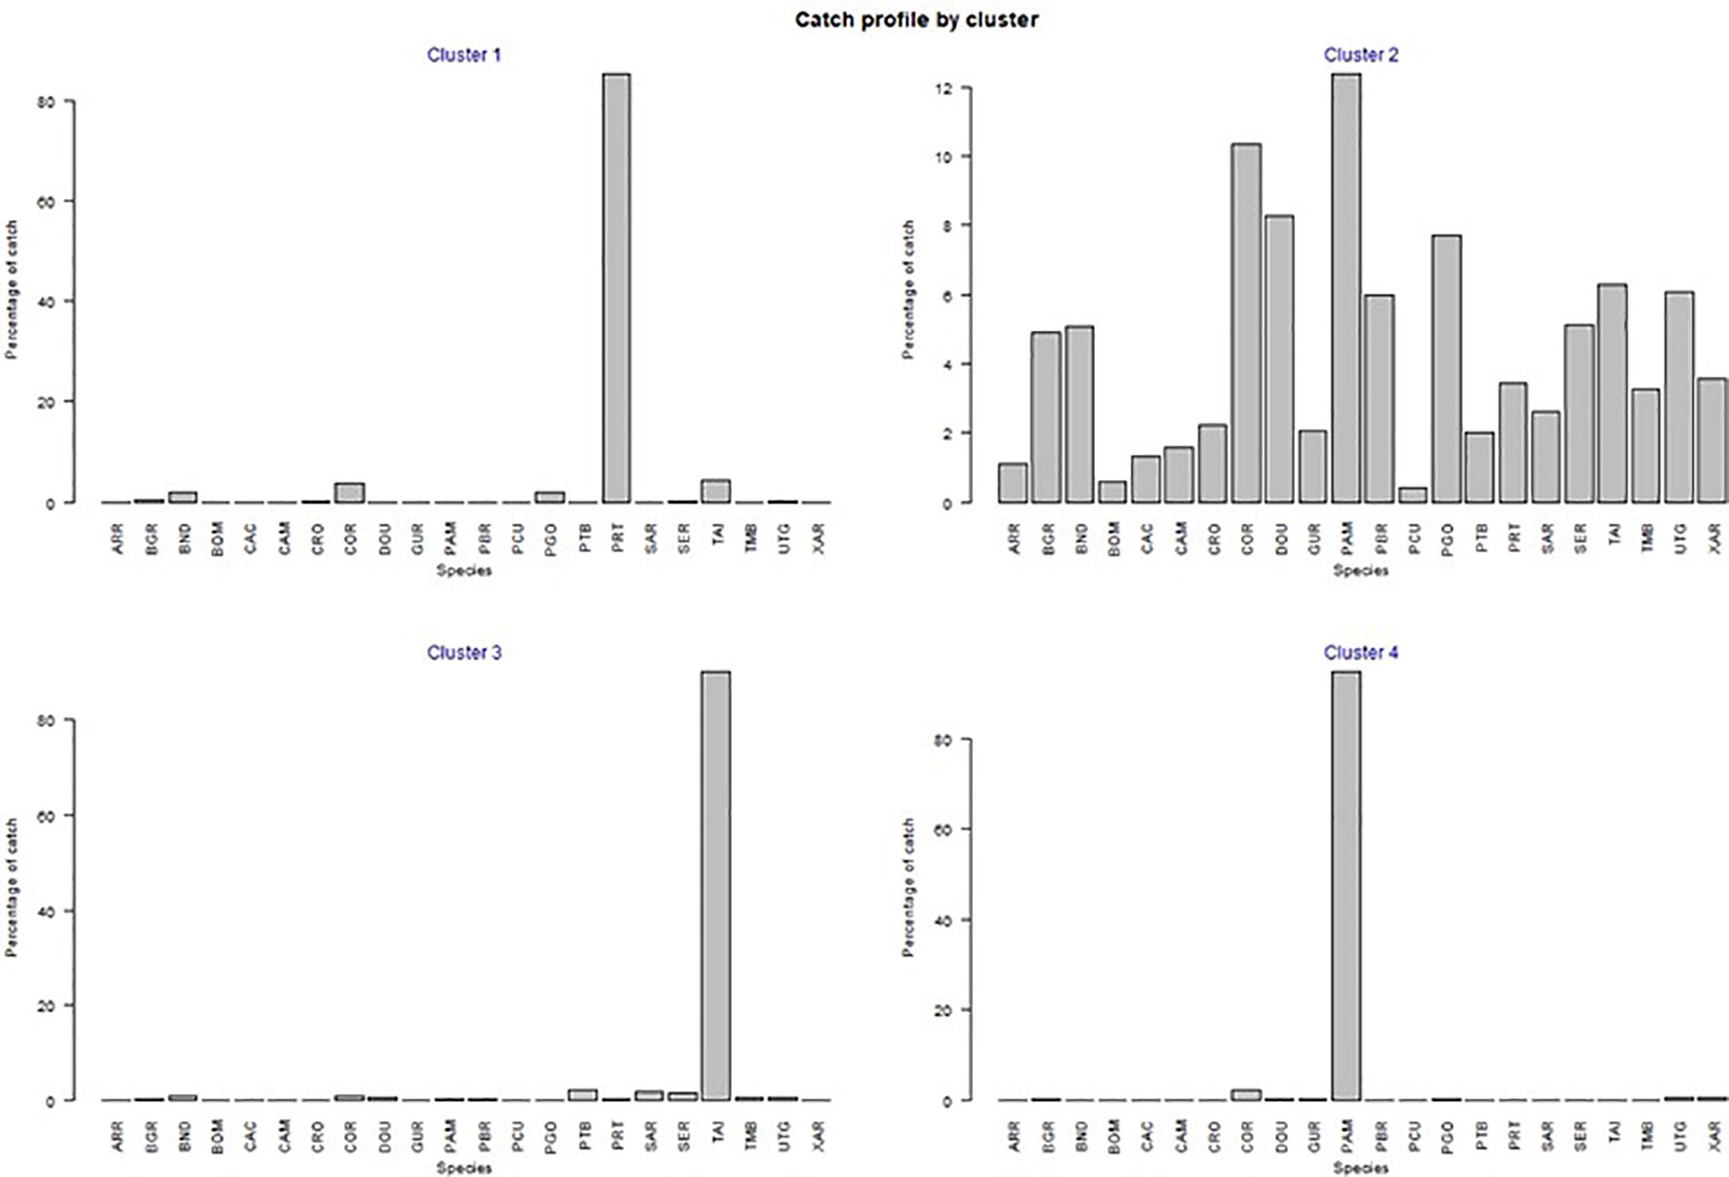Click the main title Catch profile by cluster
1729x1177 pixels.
[915, 20]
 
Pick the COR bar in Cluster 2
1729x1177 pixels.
[1246, 323]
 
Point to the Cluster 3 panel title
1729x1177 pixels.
[463, 652]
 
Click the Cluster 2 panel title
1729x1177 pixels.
[1360, 55]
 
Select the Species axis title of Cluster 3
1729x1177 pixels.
[463, 1167]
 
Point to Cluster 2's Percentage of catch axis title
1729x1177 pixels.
[908, 290]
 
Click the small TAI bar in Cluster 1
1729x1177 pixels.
[716, 491]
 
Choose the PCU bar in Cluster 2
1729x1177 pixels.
[1413, 495]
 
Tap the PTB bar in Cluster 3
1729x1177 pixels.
[583, 1094]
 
